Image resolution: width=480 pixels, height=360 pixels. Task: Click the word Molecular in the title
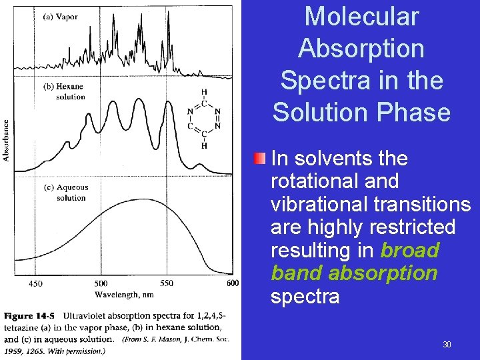(x=361, y=17)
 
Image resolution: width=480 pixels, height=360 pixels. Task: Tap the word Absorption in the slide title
(x=361, y=49)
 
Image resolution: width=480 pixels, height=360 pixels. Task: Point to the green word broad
(x=409, y=250)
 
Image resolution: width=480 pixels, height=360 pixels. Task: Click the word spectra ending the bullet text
(x=305, y=296)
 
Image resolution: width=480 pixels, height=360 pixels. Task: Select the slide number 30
(x=447, y=345)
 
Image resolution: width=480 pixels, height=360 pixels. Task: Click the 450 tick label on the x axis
(x=35, y=283)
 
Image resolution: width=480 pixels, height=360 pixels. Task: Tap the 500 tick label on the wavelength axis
(x=102, y=283)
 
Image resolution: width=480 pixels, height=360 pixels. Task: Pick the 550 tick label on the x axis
(x=167, y=283)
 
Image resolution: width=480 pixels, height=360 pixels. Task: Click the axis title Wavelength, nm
(x=124, y=295)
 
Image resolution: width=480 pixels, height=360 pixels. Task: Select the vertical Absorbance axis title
(x=7, y=140)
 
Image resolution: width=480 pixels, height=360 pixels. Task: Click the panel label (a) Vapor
(x=61, y=16)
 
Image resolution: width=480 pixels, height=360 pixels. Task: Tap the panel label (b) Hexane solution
(x=64, y=92)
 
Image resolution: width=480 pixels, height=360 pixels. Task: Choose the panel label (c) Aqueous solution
(x=65, y=193)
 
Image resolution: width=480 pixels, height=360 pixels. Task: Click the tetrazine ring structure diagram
(x=204, y=119)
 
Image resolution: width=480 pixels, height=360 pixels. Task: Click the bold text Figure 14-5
(x=29, y=315)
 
